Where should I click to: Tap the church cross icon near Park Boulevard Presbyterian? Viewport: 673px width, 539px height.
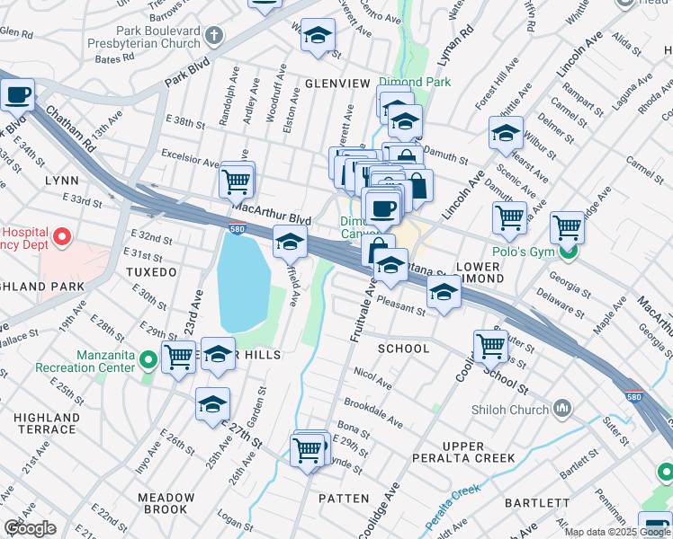click(213, 37)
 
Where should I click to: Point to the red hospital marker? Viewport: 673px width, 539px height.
click(62, 237)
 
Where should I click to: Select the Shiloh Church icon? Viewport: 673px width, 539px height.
click(563, 410)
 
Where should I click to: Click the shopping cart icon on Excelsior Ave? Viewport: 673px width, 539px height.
click(237, 181)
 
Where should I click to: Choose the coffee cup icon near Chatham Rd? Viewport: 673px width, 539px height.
click(17, 93)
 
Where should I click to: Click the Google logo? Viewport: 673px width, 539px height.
click(31, 528)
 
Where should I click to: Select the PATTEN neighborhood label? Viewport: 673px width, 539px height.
click(344, 498)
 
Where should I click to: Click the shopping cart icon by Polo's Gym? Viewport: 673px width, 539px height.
click(567, 227)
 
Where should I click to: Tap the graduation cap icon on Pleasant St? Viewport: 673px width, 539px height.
click(443, 293)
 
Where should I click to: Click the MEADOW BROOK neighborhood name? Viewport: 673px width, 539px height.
click(166, 503)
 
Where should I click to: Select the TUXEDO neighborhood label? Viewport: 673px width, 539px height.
click(152, 271)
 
